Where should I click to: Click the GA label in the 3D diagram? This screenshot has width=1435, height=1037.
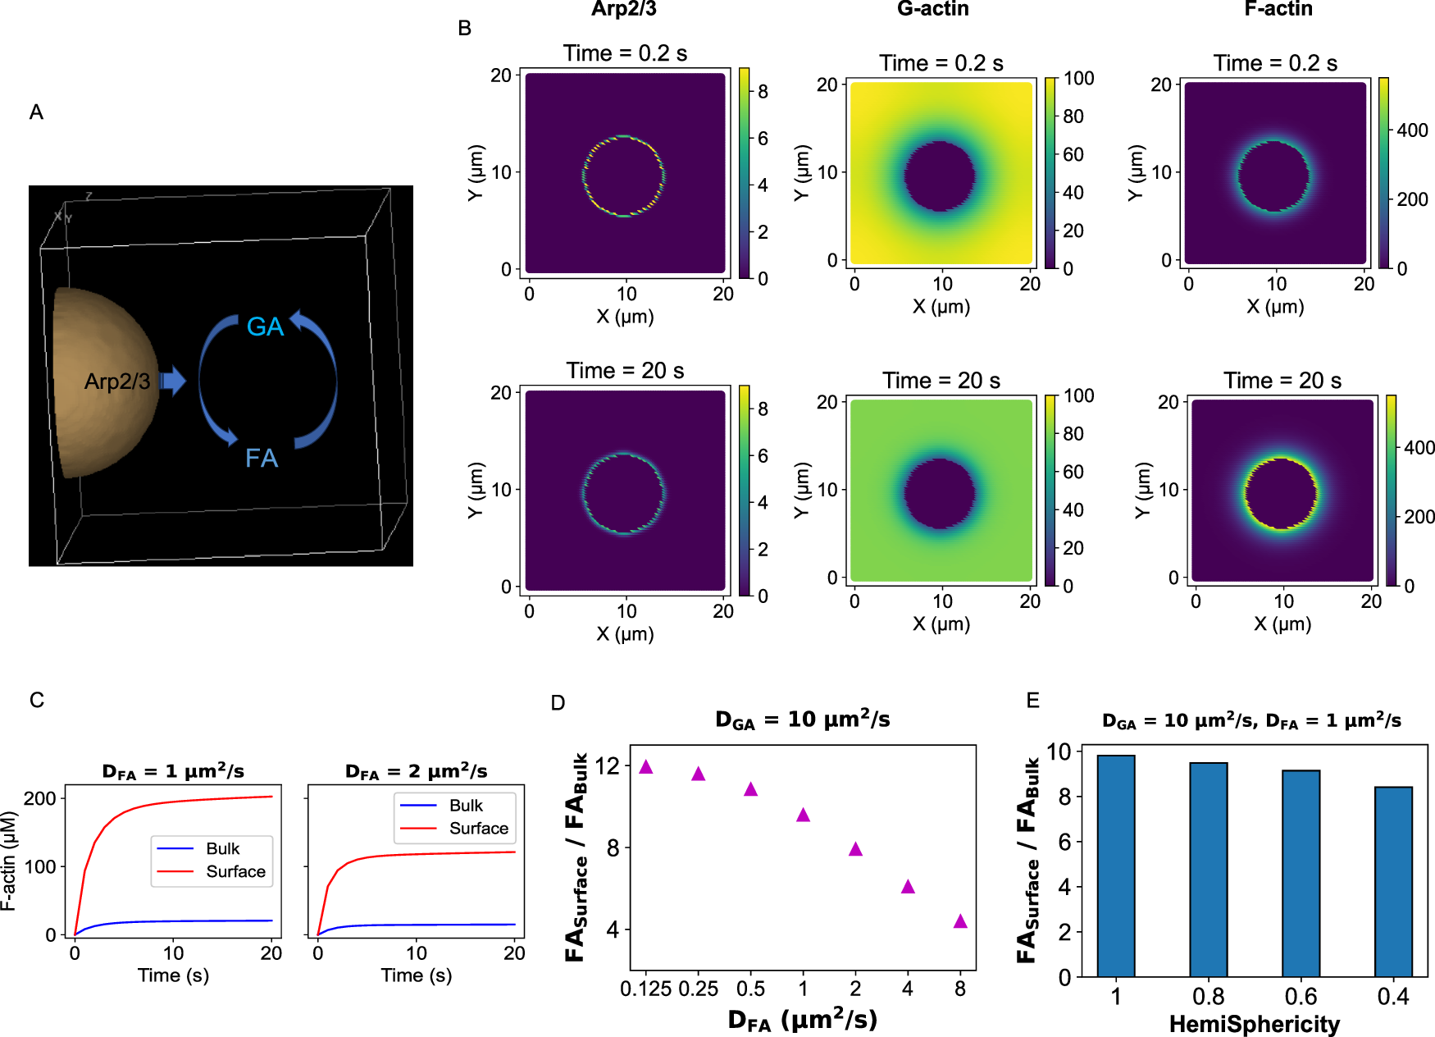pyautogui.click(x=265, y=327)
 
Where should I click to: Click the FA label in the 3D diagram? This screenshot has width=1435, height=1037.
pyautogui.click(x=262, y=458)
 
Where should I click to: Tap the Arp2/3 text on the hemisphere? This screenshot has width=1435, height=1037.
pyautogui.click(x=117, y=381)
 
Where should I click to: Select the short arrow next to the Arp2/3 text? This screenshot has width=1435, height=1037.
pyautogui.click(x=172, y=381)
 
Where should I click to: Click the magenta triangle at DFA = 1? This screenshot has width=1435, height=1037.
pyautogui.click(x=803, y=815)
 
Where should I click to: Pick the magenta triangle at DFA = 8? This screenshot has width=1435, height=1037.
pyautogui.click(x=960, y=922)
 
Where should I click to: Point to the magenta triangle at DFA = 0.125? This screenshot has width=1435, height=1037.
pyautogui.click(x=646, y=767)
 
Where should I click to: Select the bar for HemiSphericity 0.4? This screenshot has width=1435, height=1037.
pyautogui.click(x=1393, y=881)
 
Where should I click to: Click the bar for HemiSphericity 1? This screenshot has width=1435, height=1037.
pyautogui.click(x=1116, y=866)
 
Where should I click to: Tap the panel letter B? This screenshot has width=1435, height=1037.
pyautogui.click(x=464, y=29)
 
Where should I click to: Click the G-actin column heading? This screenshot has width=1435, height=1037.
pyautogui.click(x=932, y=9)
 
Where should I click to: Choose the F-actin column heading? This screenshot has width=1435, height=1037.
pyautogui.click(x=1278, y=9)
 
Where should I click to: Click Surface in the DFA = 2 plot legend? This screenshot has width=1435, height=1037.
pyautogui.click(x=478, y=829)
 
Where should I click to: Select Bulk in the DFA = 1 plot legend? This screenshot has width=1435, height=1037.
pyautogui.click(x=222, y=848)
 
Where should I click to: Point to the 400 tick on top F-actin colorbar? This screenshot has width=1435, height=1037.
pyautogui.click(x=1412, y=130)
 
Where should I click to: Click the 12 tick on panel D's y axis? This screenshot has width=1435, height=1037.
pyautogui.click(x=608, y=766)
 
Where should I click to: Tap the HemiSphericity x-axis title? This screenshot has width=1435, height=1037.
pyautogui.click(x=1254, y=1024)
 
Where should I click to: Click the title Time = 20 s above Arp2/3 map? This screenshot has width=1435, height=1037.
pyautogui.click(x=625, y=371)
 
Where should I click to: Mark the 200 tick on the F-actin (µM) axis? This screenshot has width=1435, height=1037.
pyautogui.click(x=39, y=798)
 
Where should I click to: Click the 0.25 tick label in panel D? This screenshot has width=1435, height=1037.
pyautogui.click(x=698, y=989)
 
